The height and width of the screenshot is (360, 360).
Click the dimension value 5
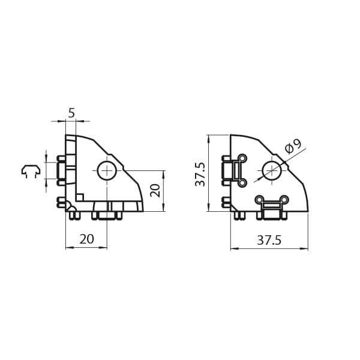click(x=71, y=113)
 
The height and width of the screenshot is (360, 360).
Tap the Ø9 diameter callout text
click(x=293, y=146)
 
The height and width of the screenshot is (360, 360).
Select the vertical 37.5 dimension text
click(x=200, y=175)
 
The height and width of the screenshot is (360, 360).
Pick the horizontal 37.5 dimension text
click(x=269, y=241)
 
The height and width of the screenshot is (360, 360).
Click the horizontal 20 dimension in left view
click(x=87, y=239)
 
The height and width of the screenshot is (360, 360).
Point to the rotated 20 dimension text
click(x=155, y=190)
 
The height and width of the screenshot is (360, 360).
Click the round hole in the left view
click(x=107, y=170)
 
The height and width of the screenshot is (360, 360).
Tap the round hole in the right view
click(x=272, y=170)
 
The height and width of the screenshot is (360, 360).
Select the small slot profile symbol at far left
click(x=31, y=171)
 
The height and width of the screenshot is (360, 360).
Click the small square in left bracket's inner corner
click(x=80, y=197)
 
